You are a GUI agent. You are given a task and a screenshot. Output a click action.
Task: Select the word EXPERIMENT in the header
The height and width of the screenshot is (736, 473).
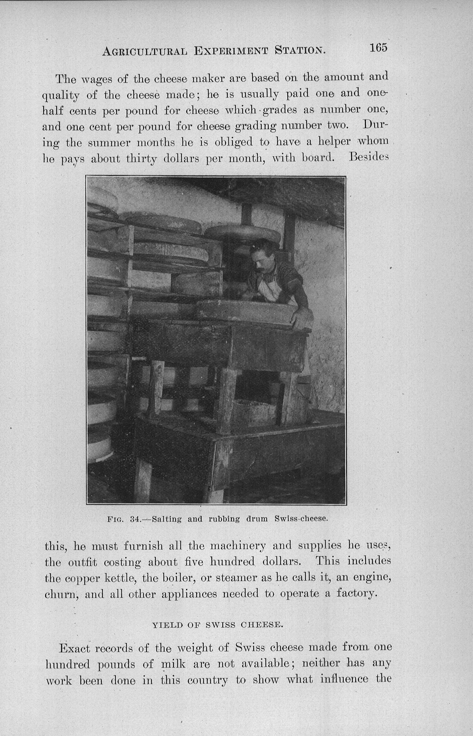[x=231, y=51]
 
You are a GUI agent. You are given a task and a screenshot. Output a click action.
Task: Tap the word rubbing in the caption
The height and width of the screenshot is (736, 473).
[x=224, y=519]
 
